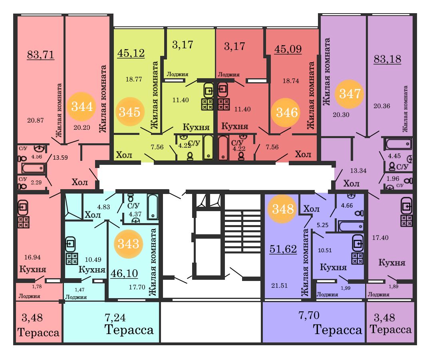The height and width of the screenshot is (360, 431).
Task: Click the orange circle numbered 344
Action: [x=81, y=106]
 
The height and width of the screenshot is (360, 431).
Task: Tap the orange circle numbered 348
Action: [x=282, y=209]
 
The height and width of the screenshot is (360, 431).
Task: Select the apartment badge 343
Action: [x=128, y=243]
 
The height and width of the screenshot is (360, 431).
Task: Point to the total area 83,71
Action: [x=40, y=55]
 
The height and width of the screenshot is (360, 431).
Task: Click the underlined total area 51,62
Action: [x=283, y=249]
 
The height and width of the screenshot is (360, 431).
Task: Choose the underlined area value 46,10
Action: [x=124, y=273]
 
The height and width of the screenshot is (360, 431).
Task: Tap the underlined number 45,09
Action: [x=288, y=49]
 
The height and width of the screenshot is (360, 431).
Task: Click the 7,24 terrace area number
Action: [x=115, y=318]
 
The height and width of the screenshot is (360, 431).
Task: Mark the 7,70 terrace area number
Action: [x=309, y=315]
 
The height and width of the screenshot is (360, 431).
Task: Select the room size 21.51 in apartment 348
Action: [x=279, y=286]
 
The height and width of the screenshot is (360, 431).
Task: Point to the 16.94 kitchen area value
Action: [x=32, y=257]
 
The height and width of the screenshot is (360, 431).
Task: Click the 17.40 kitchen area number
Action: [x=380, y=237]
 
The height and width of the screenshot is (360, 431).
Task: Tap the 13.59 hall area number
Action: [x=60, y=158]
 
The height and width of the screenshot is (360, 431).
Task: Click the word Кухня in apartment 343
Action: [x=92, y=269]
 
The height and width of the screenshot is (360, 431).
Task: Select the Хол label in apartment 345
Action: [x=124, y=155]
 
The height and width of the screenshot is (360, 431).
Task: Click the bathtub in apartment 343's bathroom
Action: [x=152, y=207]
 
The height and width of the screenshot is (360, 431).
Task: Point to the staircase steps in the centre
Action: [x=242, y=231]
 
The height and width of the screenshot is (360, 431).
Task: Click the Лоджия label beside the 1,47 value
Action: [x=76, y=297]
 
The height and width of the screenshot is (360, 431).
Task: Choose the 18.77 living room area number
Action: [x=134, y=79]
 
